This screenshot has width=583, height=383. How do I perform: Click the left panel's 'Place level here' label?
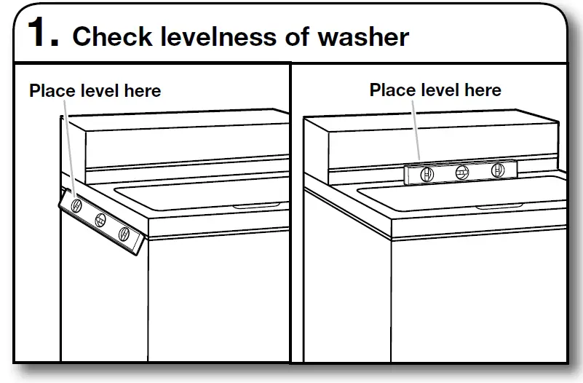(x=95, y=91)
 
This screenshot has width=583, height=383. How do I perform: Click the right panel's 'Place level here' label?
(x=435, y=90)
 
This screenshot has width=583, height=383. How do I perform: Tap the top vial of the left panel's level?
(x=76, y=206)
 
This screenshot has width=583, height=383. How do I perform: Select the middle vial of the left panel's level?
(x=101, y=220)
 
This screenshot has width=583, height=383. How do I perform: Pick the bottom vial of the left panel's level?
(x=124, y=234)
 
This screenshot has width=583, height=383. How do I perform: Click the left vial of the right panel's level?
(x=427, y=173)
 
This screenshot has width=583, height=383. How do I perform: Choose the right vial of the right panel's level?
(x=498, y=171)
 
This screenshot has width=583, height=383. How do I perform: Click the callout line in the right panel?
(x=417, y=131)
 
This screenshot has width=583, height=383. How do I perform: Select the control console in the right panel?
(x=437, y=142)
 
